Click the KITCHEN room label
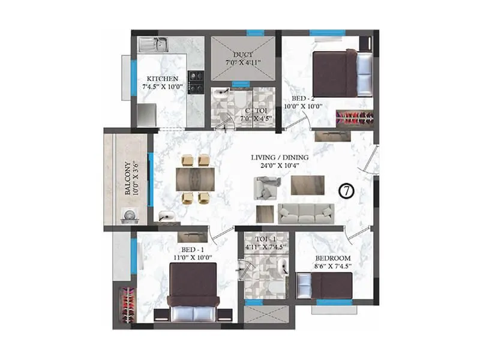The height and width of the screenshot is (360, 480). coord(162,79)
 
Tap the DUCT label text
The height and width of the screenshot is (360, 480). coord(243,53)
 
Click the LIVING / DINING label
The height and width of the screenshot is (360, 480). coord(280,158)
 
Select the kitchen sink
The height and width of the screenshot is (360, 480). coord(153,44)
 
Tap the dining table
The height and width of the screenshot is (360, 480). coord(195,178)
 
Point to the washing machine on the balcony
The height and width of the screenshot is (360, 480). coord(128,216)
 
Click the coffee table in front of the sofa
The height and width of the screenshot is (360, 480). coord(308,185)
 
